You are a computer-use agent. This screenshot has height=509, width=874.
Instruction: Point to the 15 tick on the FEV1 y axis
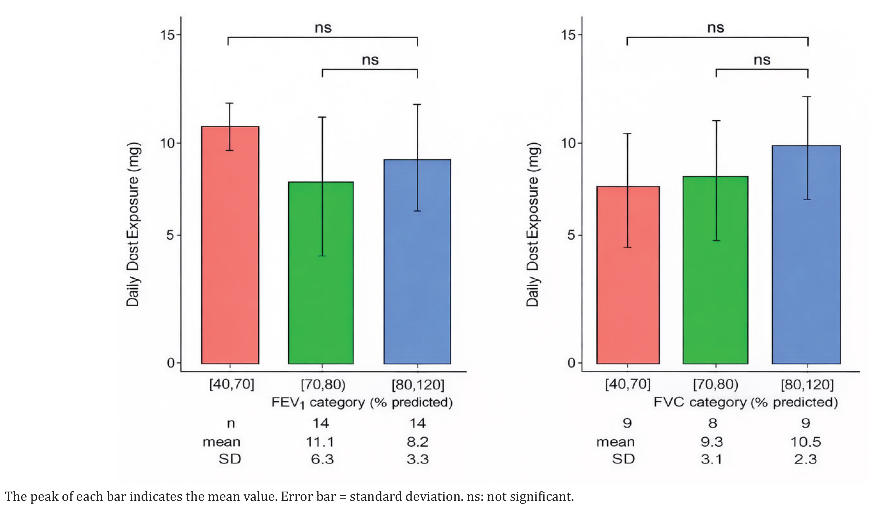[167, 35]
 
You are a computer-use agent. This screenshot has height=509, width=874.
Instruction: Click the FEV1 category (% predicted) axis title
[362, 403]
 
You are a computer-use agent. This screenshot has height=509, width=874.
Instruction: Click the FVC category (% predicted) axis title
[745, 402]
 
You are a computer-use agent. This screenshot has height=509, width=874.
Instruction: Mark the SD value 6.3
[322, 459]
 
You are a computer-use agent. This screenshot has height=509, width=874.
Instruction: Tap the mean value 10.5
[806, 442]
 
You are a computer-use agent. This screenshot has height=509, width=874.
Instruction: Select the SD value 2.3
[806, 459]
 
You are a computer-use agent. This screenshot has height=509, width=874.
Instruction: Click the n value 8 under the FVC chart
[713, 423]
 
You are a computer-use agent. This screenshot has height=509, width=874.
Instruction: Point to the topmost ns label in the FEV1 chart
[323, 28]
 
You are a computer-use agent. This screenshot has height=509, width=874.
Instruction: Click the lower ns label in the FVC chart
[762, 60]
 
